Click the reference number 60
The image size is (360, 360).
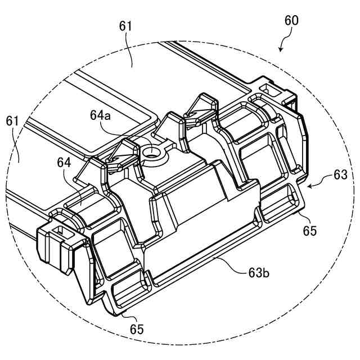pyautogui.click(x=291, y=21)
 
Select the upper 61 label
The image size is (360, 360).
pyautogui.click(x=125, y=26)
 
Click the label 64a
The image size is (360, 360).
pyautogui.click(x=101, y=115)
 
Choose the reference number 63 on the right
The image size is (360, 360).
pyautogui.click(x=340, y=175)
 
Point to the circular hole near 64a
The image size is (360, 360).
pyautogui.click(x=151, y=152)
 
